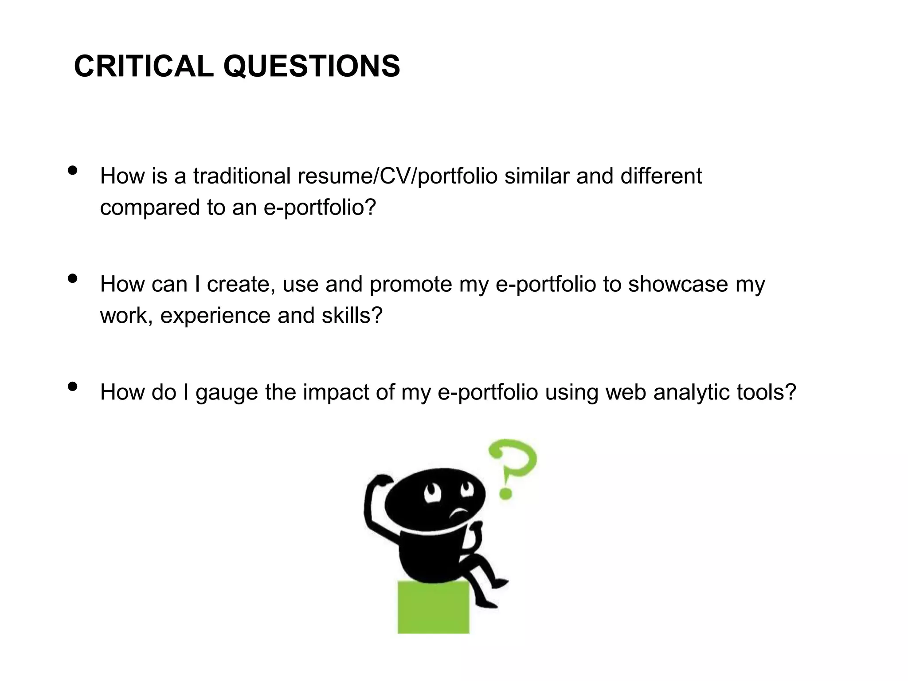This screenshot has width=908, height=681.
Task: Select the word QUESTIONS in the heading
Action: click(311, 67)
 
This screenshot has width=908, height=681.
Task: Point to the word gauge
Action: click(227, 393)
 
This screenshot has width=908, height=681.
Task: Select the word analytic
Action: click(692, 393)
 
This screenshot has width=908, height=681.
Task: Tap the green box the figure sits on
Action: click(433, 607)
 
